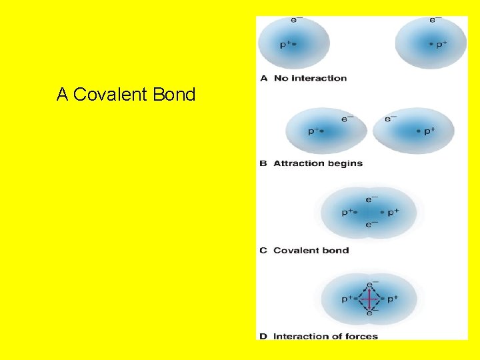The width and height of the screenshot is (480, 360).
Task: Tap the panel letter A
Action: pyautogui.click(x=263, y=78)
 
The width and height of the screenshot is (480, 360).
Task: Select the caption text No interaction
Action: pyautogui.click(x=310, y=78)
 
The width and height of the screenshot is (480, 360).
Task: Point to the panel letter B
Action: pyautogui.click(x=263, y=163)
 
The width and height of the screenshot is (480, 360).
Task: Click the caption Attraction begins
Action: pyautogui.click(x=318, y=163)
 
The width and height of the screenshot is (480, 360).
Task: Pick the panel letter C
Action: pyautogui.click(x=263, y=251)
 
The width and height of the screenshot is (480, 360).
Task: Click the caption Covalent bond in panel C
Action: pyautogui.click(x=311, y=251)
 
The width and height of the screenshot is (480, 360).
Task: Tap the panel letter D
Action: pyautogui.click(x=263, y=337)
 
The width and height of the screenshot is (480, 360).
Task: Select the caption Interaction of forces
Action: pyautogui.click(x=325, y=337)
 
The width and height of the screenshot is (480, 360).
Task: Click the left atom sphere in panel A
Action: pyautogui.click(x=294, y=41)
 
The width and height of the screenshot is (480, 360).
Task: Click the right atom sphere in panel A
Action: pyautogui.click(x=431, y=43)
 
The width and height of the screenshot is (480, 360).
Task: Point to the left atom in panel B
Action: pyautogui.click(x=327, y=131)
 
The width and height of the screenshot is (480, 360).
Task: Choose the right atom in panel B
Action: pyautogui.click(x=413, y=131)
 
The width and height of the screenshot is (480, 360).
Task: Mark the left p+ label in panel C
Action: pyautogui.click(x=347, y=213)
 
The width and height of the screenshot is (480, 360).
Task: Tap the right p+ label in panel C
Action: pyautogui.click(x=393, y=213)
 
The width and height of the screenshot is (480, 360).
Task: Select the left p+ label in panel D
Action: pyautogui.click(x=347, y=299)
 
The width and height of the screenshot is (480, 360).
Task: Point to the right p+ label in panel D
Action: pyautogui.click(x=393, y=299)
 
